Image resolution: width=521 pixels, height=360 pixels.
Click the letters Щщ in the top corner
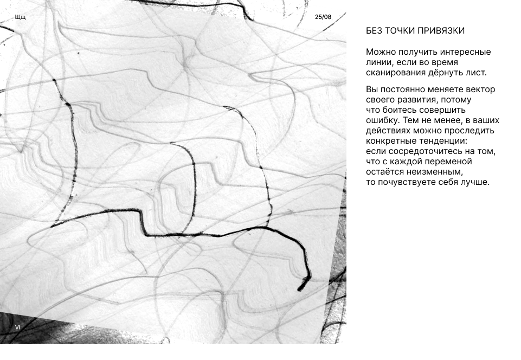pyautogui.click(x=20, y=17)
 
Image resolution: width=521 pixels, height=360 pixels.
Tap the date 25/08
pyautogui.click(x=323, y=17)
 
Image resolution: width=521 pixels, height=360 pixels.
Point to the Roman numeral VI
pyautogui.click(x=18, y=327)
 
